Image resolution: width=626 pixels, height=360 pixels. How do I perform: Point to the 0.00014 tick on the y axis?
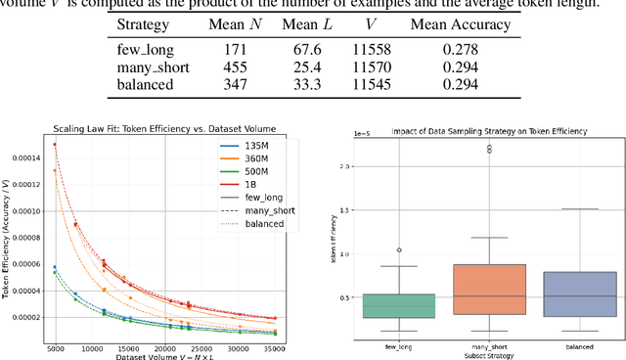(31, 157)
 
